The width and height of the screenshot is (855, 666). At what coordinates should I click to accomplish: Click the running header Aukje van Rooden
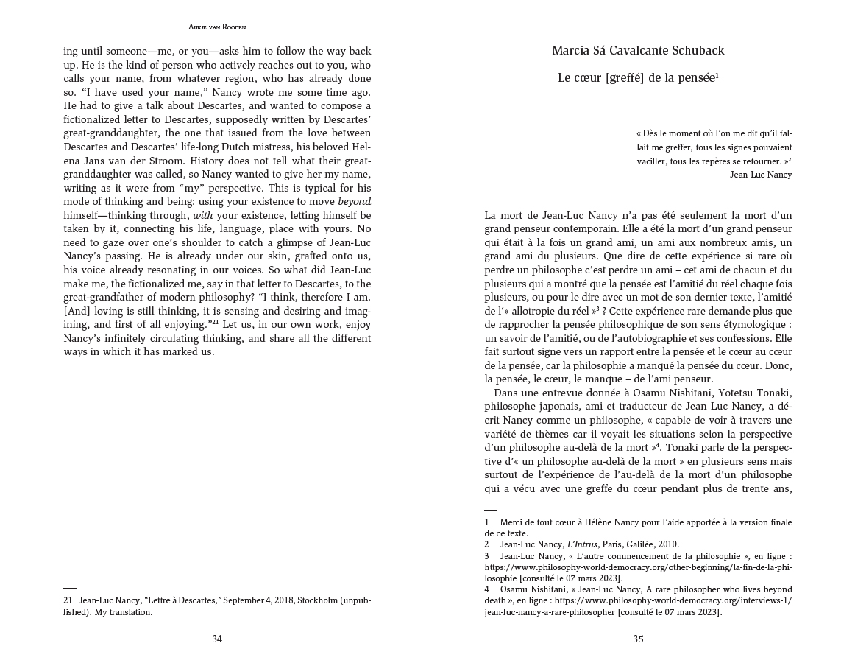pos(217,27)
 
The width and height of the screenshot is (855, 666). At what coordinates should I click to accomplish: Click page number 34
pos(217,639)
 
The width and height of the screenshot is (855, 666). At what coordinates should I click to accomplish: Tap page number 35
pos(638,639)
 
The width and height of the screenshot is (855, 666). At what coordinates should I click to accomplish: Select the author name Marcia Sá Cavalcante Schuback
pos(638,51)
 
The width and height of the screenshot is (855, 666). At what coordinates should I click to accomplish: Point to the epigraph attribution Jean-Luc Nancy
pos(761,175)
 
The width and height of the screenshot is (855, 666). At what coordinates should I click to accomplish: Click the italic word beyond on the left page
pos(355,201)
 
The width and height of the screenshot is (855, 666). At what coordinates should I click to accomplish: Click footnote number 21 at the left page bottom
pos(68,600)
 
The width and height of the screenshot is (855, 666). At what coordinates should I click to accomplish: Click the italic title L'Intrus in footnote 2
pos(582,544)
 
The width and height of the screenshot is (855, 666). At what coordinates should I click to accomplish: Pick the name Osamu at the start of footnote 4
pos(514,589)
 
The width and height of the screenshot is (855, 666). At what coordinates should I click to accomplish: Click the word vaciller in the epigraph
pos(653,161)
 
